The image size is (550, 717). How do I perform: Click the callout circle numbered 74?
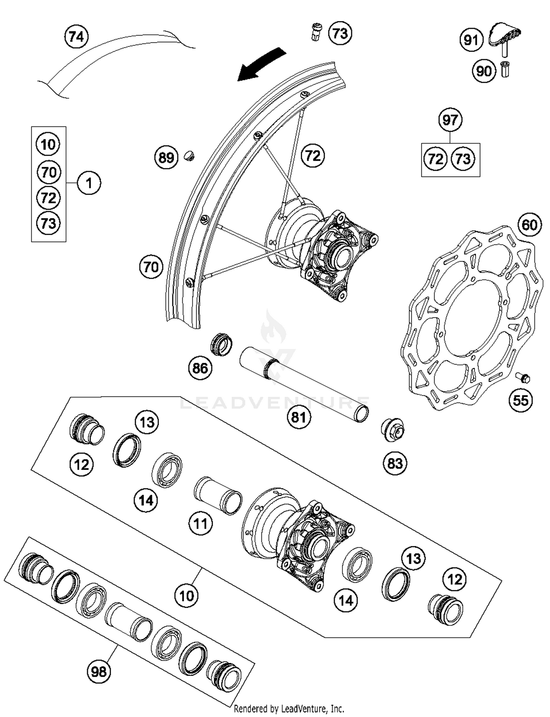(77, 37)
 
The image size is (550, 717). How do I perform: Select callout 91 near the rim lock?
(471, 40)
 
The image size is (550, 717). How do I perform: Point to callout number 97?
(450, 120)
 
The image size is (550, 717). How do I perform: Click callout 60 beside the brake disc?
(529, 225)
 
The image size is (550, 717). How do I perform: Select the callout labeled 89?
(166, 158)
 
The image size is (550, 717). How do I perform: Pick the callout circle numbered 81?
(298, 417)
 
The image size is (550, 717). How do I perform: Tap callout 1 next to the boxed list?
(89, 183)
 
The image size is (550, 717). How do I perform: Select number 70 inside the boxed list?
(49, 172)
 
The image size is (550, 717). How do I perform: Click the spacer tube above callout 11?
(218, 495)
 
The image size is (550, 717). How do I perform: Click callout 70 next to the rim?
(151, 267)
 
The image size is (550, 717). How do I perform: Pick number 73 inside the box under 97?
(463, 159)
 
